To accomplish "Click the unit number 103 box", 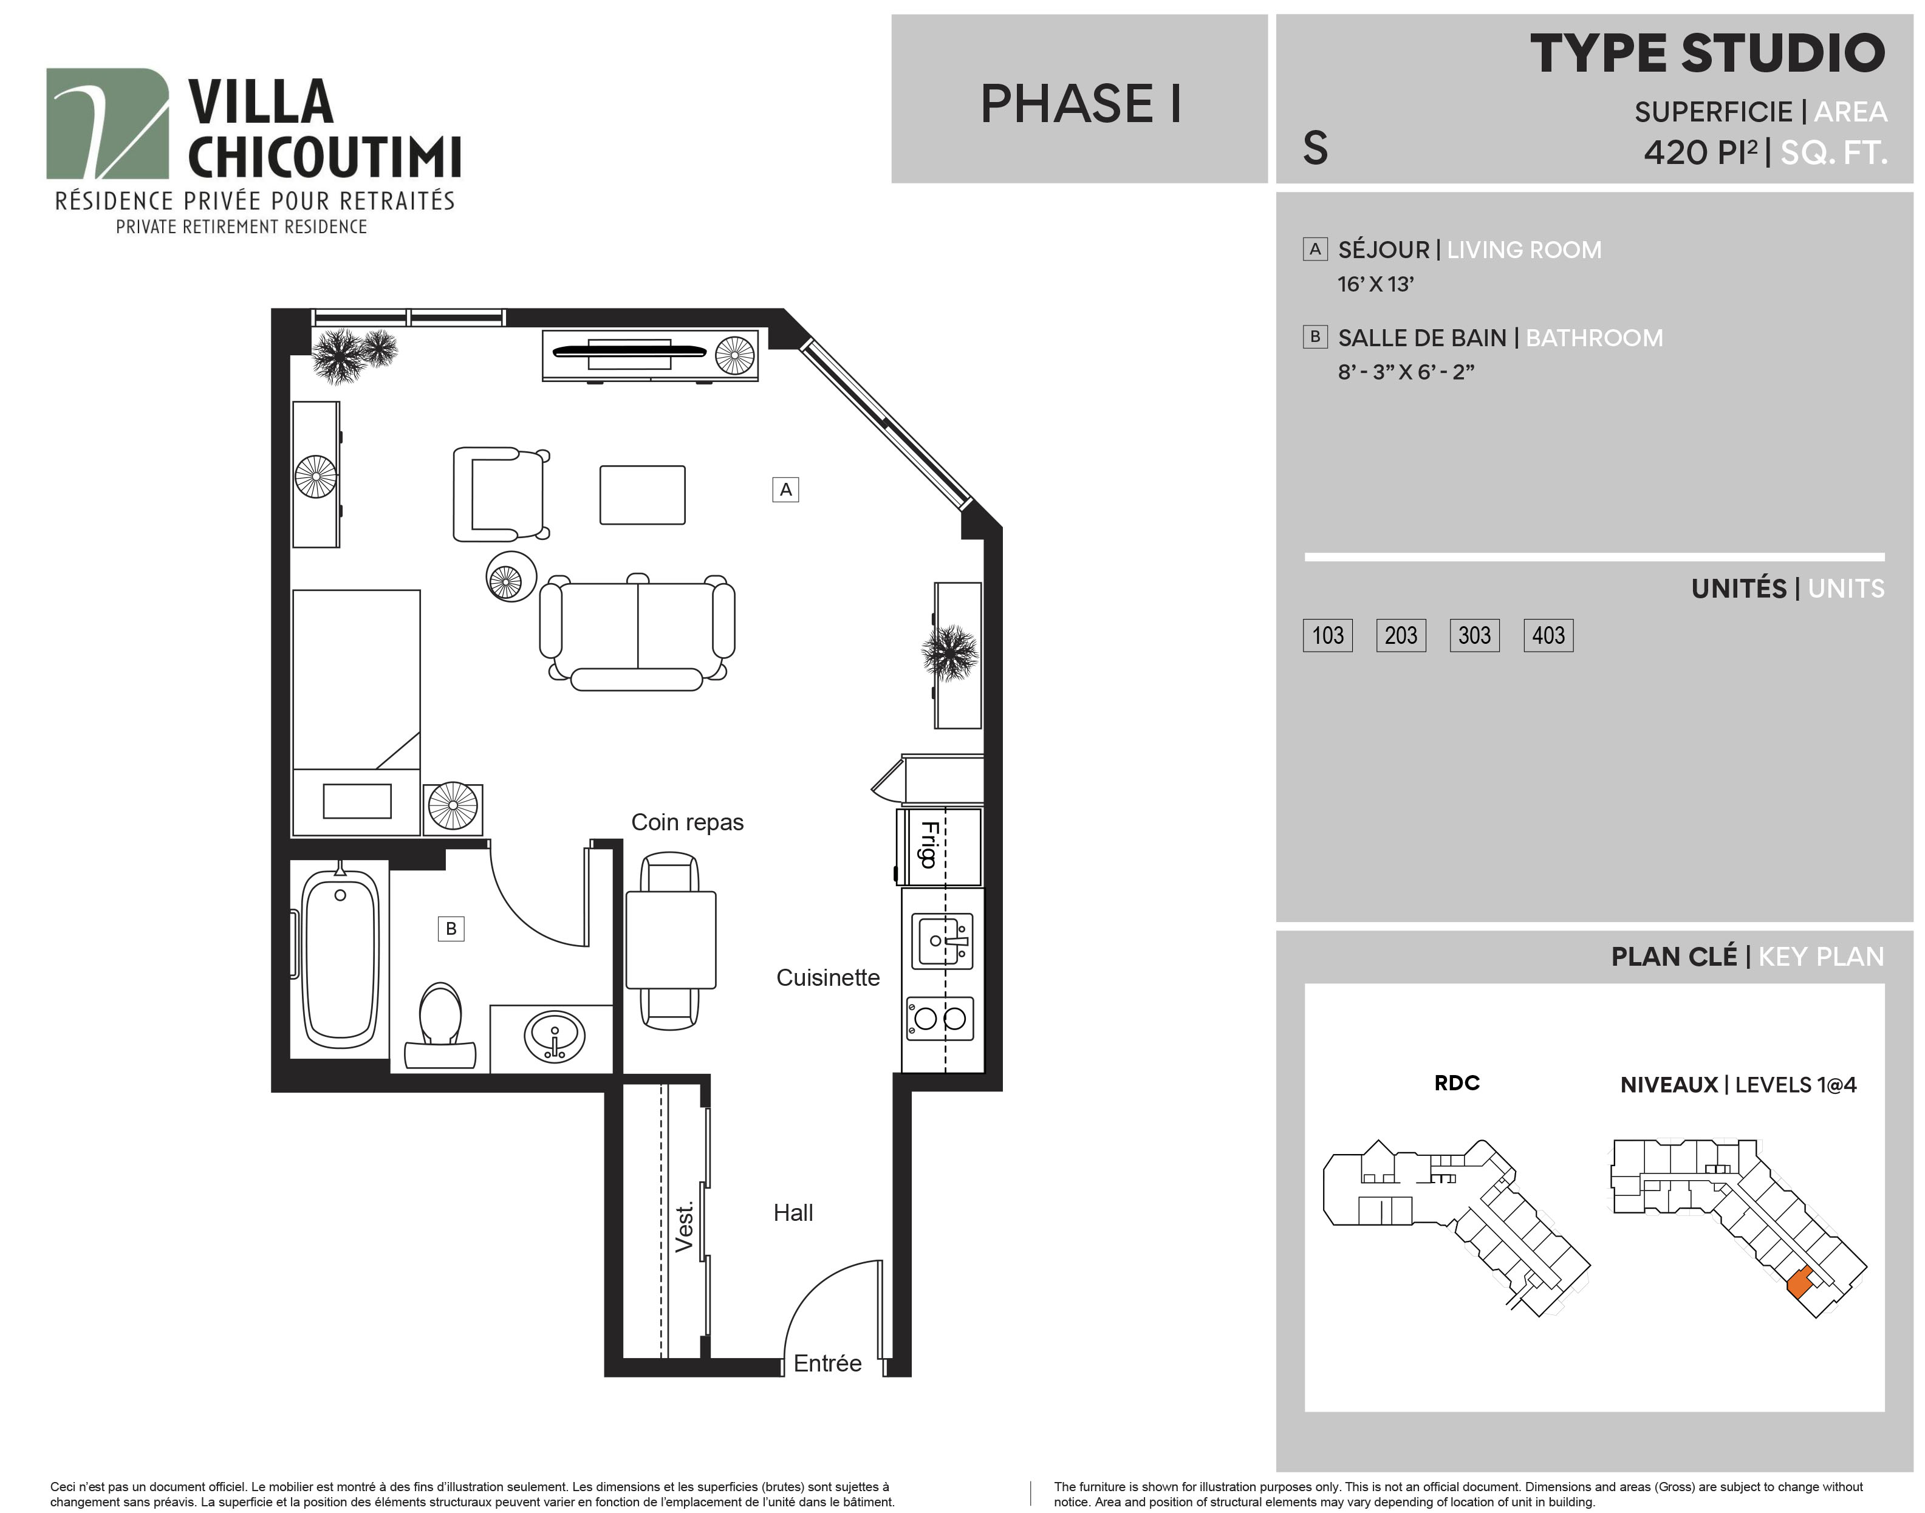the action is pos(1327,635).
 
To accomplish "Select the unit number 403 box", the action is pos(1548,635).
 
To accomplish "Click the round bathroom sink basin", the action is pos(555,1036).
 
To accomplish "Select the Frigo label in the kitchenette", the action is pos(928,845).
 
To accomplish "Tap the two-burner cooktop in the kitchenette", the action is pos(940,1018).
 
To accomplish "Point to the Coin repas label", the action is pos(688,822).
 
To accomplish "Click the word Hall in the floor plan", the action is pos(793,1213).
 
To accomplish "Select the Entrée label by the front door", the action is pos(827,1364).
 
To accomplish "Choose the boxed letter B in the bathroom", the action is pos(451,928).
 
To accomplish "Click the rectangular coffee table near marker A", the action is pos(642,495).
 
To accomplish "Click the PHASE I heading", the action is pos(1080,104).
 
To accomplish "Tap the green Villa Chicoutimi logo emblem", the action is pos(107,123).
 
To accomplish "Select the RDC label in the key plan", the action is pos(1457,1082).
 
